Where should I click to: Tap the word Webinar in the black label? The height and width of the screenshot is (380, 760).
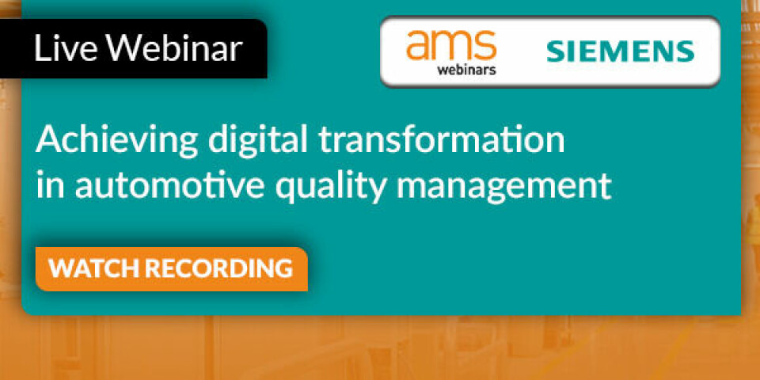tap(174, 48)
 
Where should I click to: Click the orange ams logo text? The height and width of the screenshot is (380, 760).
tap(451, 45)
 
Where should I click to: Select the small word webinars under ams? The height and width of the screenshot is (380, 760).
tap(466, 70)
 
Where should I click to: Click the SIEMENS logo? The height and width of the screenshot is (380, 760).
tap(621, 52)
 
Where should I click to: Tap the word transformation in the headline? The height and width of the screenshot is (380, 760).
tap(441, 139)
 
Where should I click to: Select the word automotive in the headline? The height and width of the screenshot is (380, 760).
tap(169, 185)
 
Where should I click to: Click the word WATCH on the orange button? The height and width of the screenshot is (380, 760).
tap(94, 268)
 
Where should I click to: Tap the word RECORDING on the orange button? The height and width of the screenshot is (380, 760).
tap(219, 268)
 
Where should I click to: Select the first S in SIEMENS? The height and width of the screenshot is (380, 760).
tap(557, 52)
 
